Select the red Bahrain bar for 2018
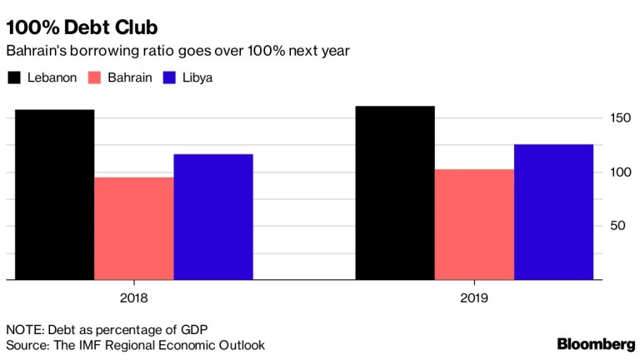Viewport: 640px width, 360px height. click(x=134, y=228)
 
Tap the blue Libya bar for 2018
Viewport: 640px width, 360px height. click(x=213, y=217)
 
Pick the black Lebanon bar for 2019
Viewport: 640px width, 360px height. click(x=394, y=192)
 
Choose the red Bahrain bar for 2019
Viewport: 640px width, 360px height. click(x=474, y=224)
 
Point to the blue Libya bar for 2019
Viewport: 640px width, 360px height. click(x=553, y=212)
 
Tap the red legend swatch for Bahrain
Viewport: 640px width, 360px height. click(x=92, y=77)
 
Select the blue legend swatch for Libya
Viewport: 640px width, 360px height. click(x=170, y=77)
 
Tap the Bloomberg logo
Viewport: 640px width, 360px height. click(x=596, y=343)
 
